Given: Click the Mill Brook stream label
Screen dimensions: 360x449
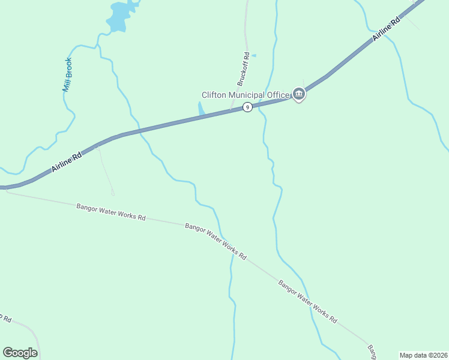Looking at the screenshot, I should point(68,74).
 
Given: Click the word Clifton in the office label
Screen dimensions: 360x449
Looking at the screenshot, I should point(215,95).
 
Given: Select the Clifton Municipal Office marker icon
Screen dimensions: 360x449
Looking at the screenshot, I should point(299,94).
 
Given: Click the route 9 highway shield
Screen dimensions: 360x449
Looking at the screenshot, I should point(247,107).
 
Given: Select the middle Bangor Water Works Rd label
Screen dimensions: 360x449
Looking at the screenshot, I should point(215,241).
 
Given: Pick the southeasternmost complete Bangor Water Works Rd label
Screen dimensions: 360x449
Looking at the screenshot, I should point(307,302).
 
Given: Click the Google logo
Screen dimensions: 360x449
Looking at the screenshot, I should point(20,353).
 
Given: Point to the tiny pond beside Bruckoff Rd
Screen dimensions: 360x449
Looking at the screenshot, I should point(253,56).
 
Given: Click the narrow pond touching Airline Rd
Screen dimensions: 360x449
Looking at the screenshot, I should point(201,109).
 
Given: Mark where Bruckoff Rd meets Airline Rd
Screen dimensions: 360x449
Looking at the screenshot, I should point(231,110).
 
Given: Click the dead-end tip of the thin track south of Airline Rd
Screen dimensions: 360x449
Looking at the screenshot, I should point(112,193).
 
